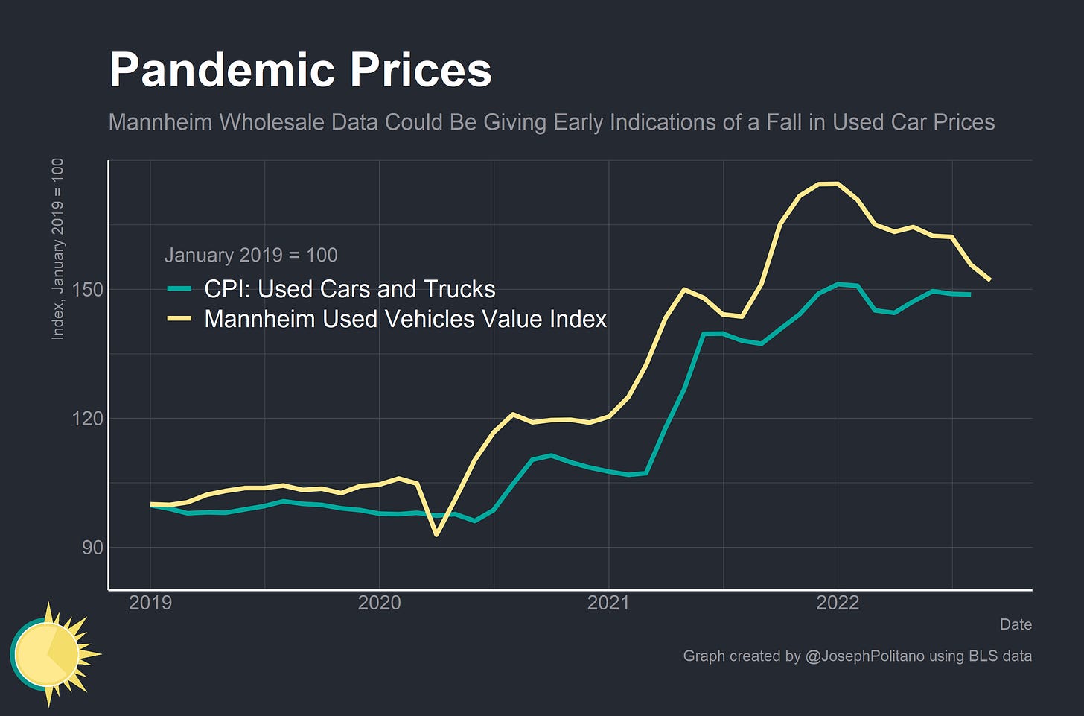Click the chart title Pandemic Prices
pyautogui.click(x=300, y=71)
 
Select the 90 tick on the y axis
pyautogui.click(x=91, y=547)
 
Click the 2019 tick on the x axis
pyautogui.click(x=150, y=603)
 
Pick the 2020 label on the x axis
pyautogui.click(x=379, y=603)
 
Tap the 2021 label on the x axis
pyautogui.click(x=608, y=603)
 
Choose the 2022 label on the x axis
pyautogui.click(x=838, y=603)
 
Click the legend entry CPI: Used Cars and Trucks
pyautogui.click(x=349, y=289)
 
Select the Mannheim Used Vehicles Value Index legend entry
pyautogui.click(x=405, y=319)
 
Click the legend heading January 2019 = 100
pyautogui.click(x=251, y=255)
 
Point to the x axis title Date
pyautogui.click(x=1016, y=624)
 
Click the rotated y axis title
pyautogui.click(x=57, y=249)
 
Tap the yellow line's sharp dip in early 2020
pyautogui.click(x=436, y=534)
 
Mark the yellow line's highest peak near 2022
pyautogui.click(x=828, y=183)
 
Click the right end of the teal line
pyautogui.click(x=969, y=294)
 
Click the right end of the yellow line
pyautogui.click(x=989, y=280)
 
